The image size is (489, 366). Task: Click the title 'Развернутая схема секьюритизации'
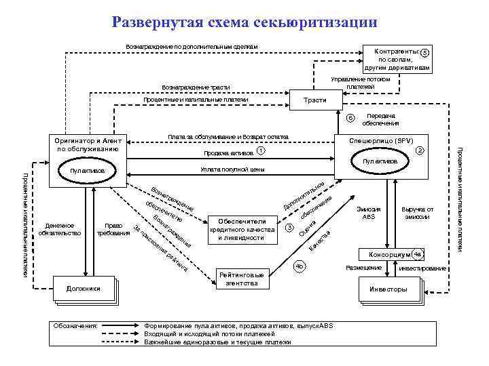(x=244, y=22)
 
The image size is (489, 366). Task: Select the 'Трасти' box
(x=316, y=100)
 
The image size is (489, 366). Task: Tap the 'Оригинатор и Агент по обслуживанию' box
(x=88, y=144)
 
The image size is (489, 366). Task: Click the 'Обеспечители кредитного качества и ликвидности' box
(x=245, y=230)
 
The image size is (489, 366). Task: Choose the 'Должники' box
(x=84, y=289)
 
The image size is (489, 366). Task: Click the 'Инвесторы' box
(x=388, y=289)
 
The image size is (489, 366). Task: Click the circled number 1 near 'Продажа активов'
(x=261, y=152)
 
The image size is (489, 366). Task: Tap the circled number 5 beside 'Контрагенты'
(x=424, y=53)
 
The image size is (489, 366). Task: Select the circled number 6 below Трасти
(x=351, y=118)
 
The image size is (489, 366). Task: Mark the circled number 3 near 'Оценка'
(x=288, y=228)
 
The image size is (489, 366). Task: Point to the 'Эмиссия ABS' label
(x=367, y=212)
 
